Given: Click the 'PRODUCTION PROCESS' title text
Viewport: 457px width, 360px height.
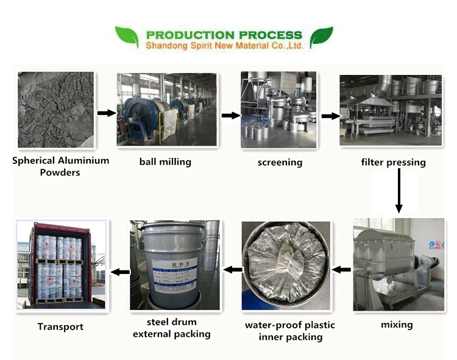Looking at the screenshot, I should (x=224, y=35).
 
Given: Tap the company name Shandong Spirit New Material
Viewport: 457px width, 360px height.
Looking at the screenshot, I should (x=224, y=46).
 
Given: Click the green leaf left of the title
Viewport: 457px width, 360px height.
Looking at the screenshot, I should (x=127, y=37).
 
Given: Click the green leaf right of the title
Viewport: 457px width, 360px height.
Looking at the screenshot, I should (x=321, y=37).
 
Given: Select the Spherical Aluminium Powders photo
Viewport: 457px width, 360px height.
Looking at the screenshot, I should (x=56, y=110).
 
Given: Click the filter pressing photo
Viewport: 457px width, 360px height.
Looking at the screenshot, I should (x=391, y=110).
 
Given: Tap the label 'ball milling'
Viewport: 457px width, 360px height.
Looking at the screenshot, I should (x=165, y=162).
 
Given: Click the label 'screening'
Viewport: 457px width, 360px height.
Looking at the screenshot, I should (x=280, y=163).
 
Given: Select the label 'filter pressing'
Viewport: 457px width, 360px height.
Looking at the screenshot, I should (x=393, y=163).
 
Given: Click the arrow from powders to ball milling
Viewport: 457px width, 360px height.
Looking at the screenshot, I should (x=107, y=113).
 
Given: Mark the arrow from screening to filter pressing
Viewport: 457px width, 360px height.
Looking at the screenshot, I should (x=330, y=116).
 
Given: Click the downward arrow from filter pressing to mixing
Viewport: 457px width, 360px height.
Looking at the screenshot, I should (x=399, y=191).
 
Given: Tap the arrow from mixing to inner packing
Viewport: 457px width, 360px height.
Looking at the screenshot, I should (x=341, y=269).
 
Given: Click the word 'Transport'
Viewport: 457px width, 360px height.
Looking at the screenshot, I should (x=60, y=326).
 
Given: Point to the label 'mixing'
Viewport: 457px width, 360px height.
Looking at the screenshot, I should (x=397, y=325).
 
